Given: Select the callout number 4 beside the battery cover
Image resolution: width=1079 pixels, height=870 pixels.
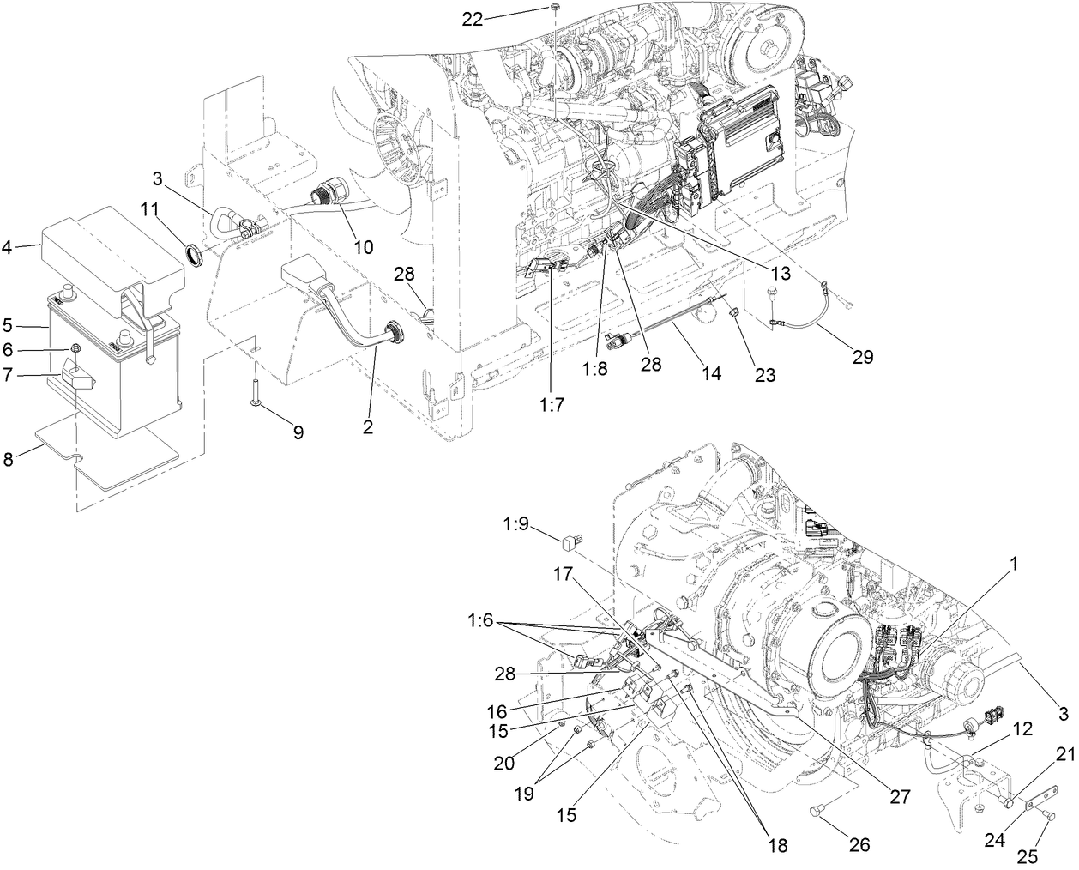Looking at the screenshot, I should [8, 248].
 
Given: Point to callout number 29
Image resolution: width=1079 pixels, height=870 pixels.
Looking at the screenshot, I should [862, 357].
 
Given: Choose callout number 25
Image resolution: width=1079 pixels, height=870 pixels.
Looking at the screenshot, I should [1028, 855].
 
